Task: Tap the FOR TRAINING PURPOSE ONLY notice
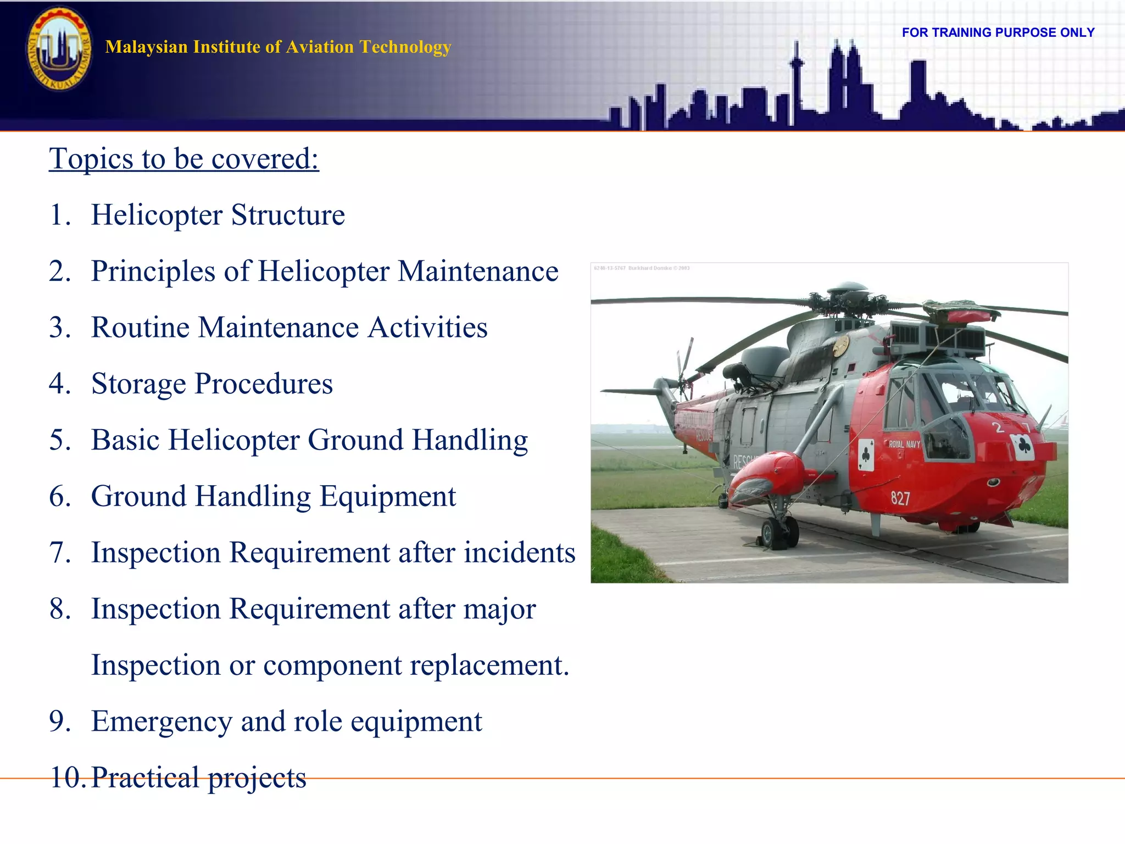tap(998, 32)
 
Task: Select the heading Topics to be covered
tap(184, 159)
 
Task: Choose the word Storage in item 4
tap(138, 384)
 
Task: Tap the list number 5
tap(59, 440)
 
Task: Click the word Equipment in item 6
tap(388, 496)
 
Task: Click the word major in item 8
tap(499, 609)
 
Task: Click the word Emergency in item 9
tap(161, 721)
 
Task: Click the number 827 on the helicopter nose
tap(900, 498)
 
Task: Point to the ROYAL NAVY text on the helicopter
tap(904, 444)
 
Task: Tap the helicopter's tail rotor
tap(684, 369)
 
